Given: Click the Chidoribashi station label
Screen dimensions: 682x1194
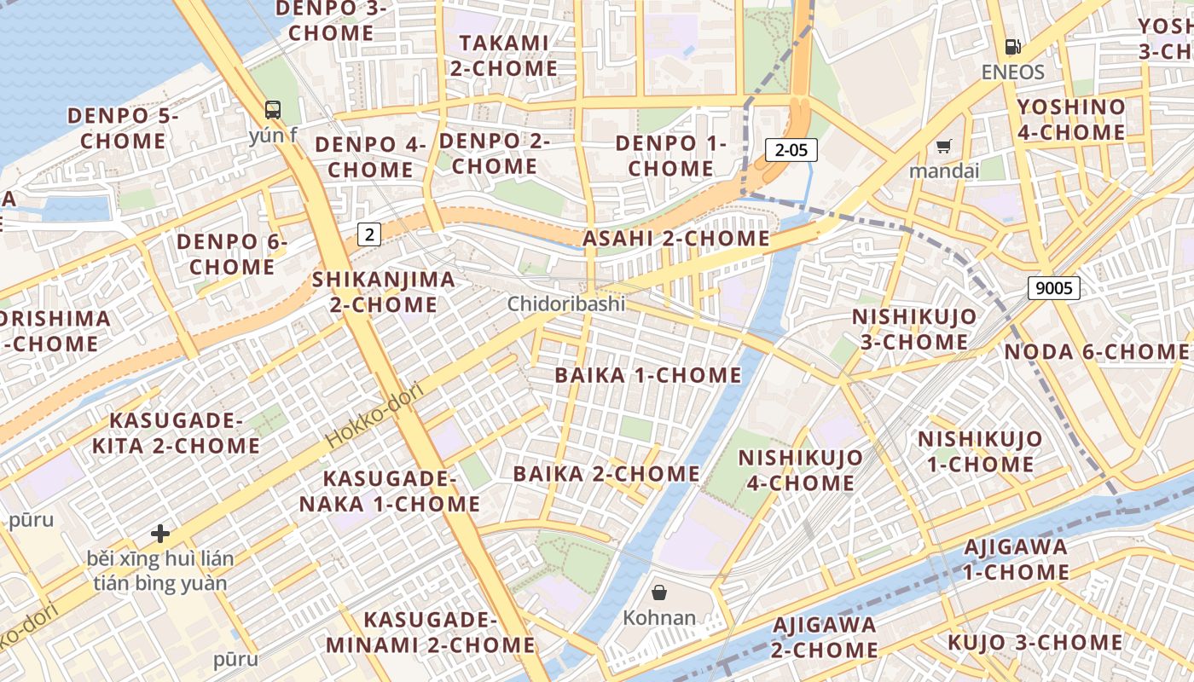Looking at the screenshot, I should tap(566, 303).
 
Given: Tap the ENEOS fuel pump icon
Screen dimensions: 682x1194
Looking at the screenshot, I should tap(1012, 48).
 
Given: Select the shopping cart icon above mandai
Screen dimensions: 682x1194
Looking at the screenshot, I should tap(943, 147).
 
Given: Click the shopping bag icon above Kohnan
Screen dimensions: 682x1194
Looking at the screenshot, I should tap(659, 592).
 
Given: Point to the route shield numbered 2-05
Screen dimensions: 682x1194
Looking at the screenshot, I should tap(791, 151).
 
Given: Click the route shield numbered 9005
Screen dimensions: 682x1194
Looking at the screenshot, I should tap(1053, 288).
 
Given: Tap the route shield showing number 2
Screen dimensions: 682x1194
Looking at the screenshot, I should tap(368, 234).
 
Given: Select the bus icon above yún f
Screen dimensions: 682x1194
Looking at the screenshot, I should tap(273, 110).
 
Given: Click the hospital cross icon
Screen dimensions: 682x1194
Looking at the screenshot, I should tap(160, 534).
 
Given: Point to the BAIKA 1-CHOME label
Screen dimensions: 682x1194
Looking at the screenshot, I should tap(648, 375).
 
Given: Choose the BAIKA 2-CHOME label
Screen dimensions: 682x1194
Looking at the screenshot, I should tap(606, 474).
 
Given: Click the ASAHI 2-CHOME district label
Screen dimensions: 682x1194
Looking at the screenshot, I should tap(675, 239).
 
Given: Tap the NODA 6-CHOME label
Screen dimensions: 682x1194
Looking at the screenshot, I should tap(1096, 352).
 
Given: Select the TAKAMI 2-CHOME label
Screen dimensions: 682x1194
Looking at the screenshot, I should tap(503, 55).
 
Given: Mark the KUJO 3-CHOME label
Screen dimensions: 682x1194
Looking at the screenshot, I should tap(1035, 642).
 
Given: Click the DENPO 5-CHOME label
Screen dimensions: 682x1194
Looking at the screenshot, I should tap(123, 128).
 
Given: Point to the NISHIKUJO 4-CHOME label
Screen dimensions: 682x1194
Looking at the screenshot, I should tap(800, 471).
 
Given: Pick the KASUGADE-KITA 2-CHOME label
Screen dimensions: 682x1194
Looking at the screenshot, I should tap(176, 433).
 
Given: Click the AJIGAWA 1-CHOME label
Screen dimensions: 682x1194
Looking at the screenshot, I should tap(1016, 559).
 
